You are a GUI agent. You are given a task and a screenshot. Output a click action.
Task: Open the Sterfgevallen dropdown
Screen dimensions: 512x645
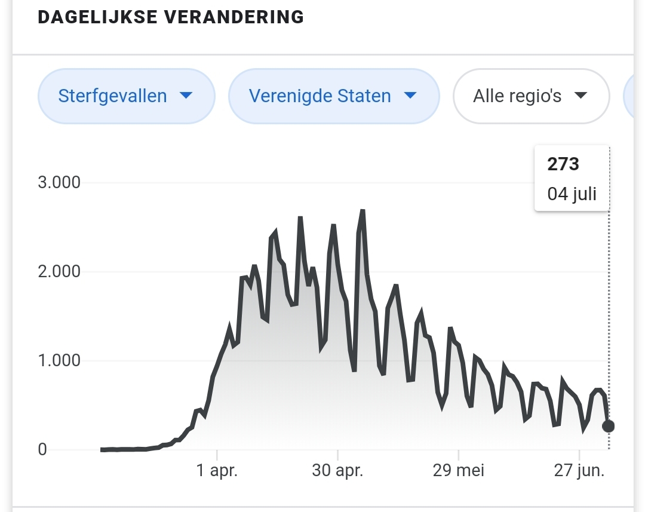tap(125, 96)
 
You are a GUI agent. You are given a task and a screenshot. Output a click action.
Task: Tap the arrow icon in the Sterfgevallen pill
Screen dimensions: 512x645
tap(186, 96)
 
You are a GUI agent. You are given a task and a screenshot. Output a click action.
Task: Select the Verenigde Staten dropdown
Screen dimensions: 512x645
tap(333, 96)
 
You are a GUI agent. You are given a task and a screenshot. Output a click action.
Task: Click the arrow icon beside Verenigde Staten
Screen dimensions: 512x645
tap(410, 96)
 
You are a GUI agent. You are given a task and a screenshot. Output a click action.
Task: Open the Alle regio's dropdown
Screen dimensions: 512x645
tap(531, 96)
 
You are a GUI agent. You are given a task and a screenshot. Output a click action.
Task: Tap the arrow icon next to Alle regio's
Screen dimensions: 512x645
tap(580, 96)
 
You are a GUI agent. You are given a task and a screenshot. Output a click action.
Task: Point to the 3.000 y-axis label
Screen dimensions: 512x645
tap(59, 182)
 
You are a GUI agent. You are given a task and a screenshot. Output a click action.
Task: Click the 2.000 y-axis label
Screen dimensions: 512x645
tap(59, 272)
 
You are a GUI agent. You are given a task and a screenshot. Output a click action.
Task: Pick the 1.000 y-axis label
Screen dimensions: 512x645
tap(59, 361)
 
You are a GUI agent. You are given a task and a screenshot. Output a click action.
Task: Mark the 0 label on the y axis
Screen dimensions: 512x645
tap(42, 449)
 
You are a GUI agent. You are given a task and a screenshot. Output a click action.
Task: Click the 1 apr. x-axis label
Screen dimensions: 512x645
tap(217, 471)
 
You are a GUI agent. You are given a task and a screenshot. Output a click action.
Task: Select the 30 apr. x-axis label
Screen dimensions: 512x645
tap(337, 471)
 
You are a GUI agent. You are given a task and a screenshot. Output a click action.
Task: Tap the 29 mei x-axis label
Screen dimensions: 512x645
tap(459, 471)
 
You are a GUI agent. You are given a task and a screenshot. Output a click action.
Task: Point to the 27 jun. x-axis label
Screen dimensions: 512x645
tap(579, 471)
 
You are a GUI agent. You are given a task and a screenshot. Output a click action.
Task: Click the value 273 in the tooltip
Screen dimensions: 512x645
tap(563, 164)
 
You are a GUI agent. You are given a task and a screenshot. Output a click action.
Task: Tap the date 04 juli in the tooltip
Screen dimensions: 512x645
tap(572, 194)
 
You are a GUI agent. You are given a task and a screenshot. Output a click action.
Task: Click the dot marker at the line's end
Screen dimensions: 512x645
tap(608, 426)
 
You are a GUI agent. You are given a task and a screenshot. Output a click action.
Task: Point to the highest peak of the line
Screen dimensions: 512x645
tap(362, 211)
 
